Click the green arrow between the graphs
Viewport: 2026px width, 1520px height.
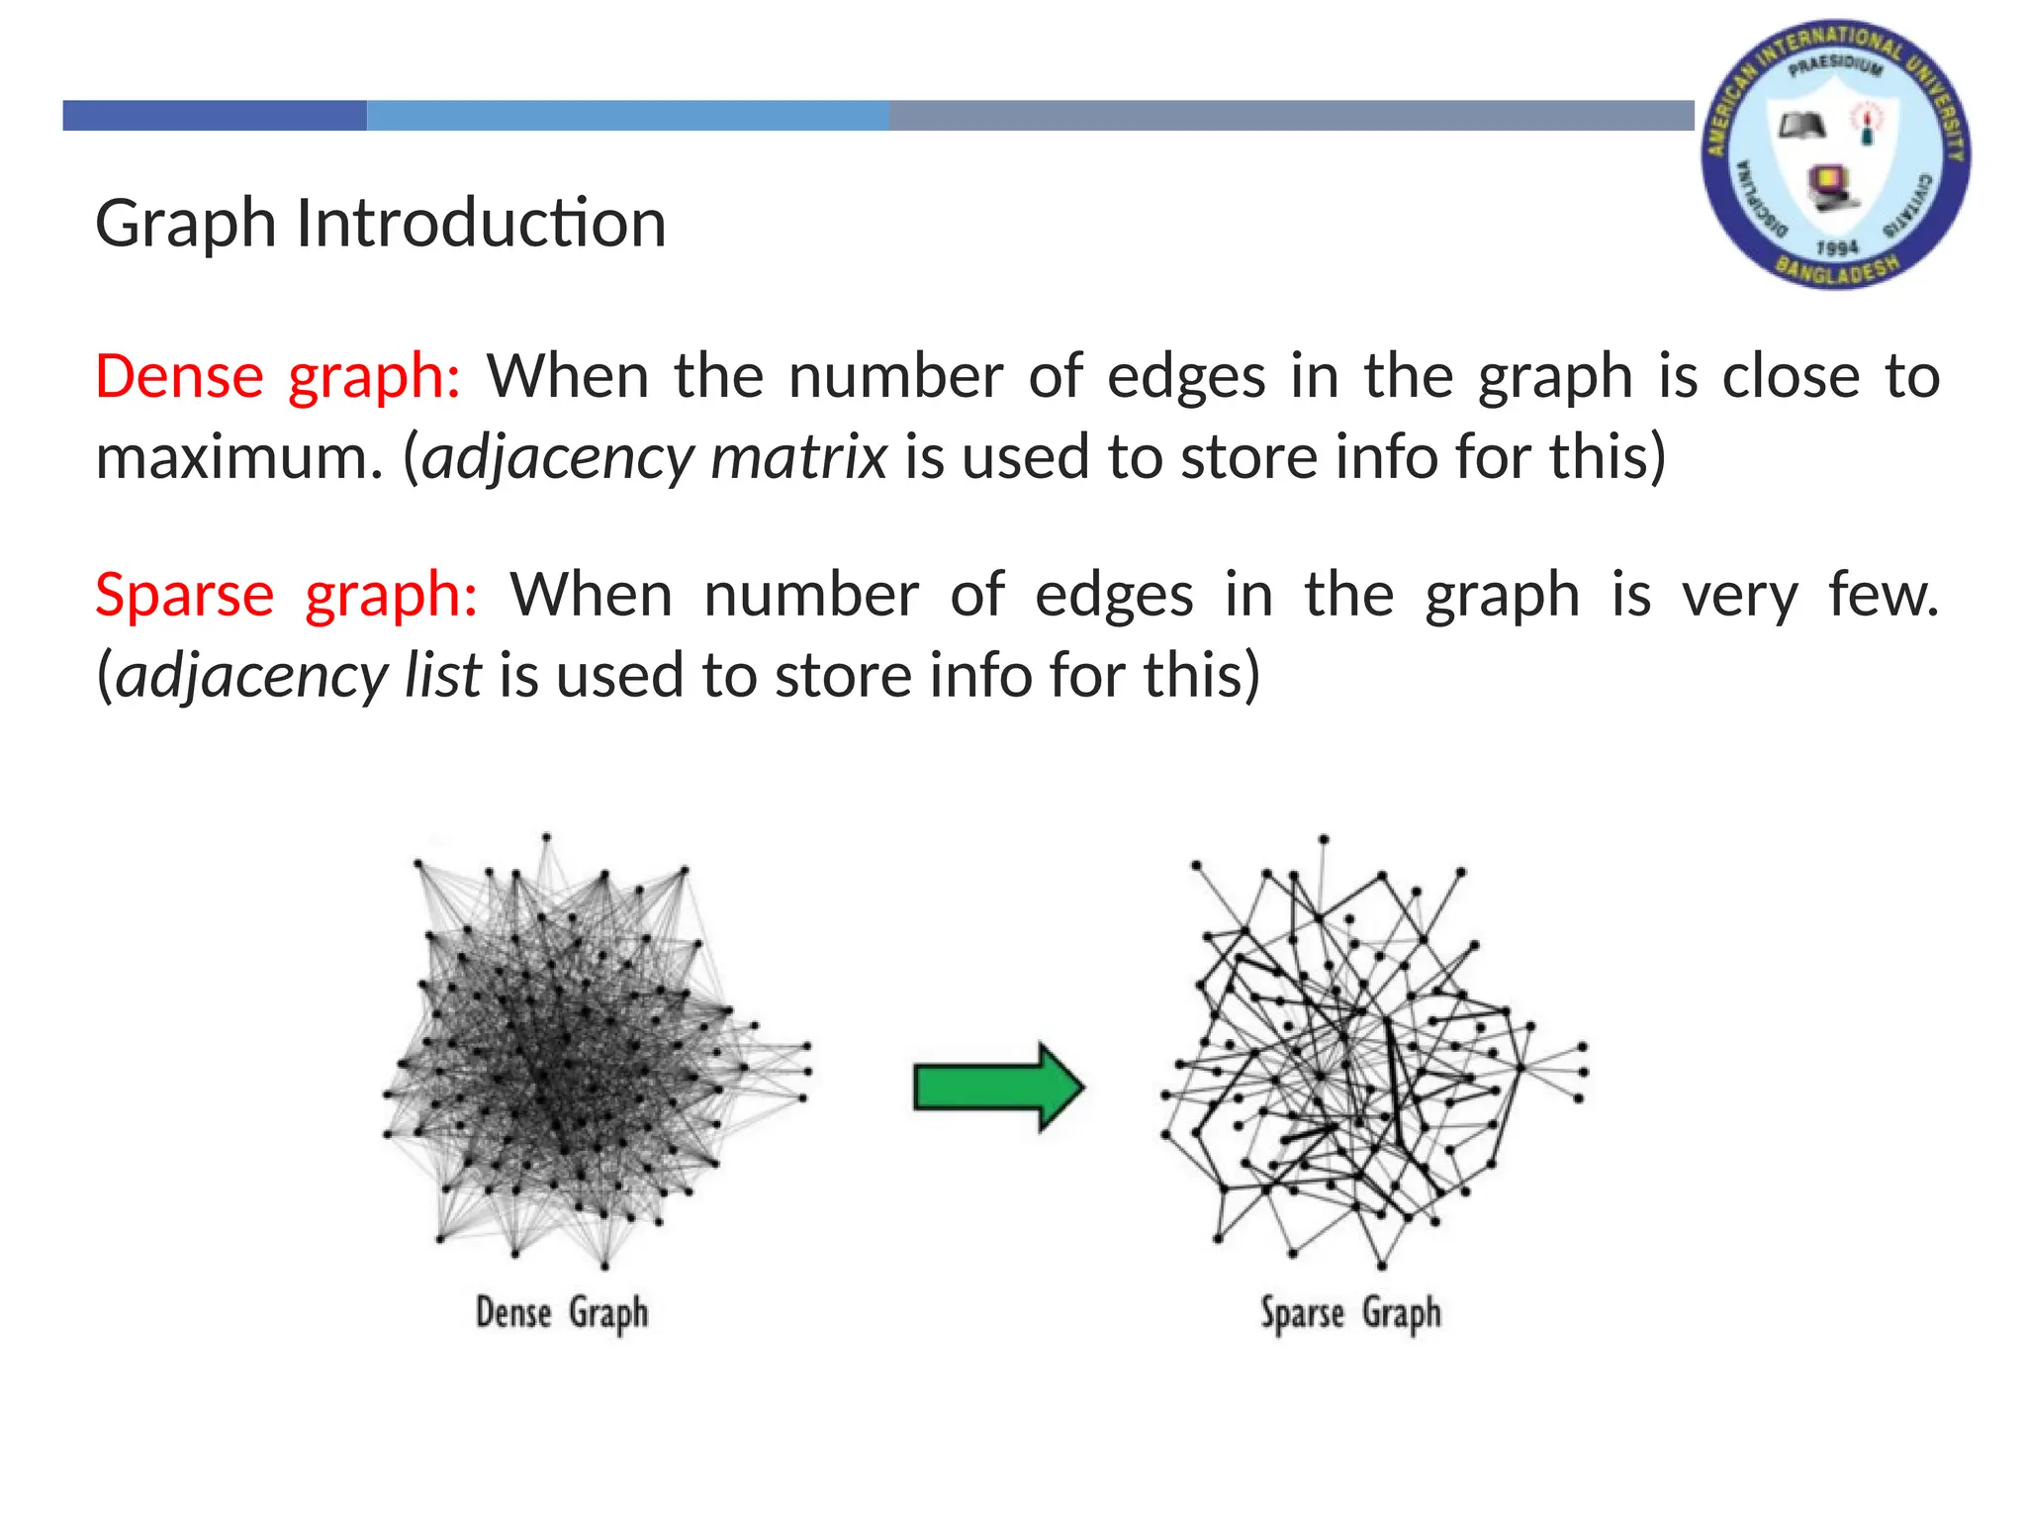point(997,1087)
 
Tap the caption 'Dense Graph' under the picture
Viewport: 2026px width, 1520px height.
point(562,1312)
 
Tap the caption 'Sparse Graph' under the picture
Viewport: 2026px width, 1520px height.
point(1350,1313)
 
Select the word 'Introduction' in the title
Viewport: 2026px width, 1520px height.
point(481,223)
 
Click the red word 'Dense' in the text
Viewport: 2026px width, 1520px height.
point(179,376)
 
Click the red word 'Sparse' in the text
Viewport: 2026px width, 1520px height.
point(184,595)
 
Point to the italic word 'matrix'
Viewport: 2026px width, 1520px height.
point(798,457)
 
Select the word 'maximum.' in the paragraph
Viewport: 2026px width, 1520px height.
point(238,457)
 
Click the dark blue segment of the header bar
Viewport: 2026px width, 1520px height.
point(215,116)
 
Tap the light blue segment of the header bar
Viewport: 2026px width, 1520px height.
point(627,116)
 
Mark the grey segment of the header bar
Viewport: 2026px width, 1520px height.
point(1291,116)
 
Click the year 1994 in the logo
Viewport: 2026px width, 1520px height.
point(1837,246)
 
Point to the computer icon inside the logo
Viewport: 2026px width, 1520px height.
point(1829,187)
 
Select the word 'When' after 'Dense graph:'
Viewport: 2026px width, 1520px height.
point(567,376)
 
